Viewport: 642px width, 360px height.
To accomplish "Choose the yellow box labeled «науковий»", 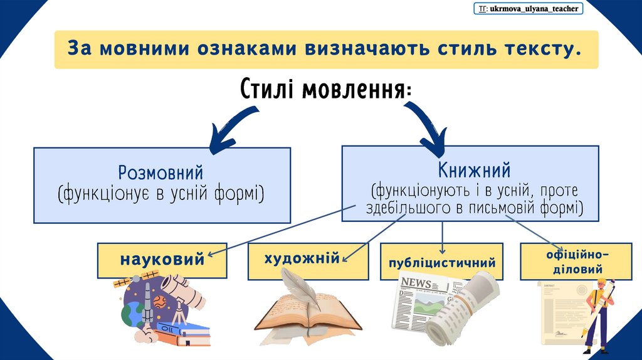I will pyautogui.click(x=162, y=259).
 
